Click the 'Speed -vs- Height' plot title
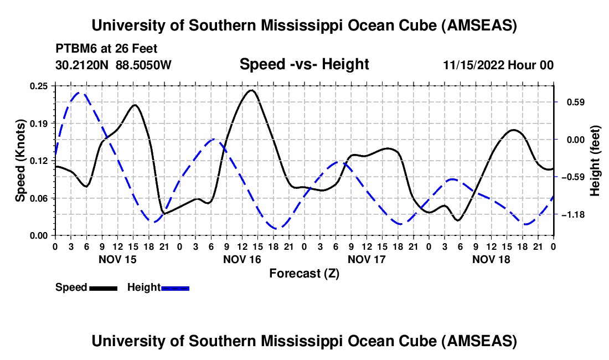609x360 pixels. [x=304, y=65]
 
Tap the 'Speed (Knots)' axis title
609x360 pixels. [x=20, y=161]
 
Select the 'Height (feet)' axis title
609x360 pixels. [x=595, y=161]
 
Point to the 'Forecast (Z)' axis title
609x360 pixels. [x=304, y=273]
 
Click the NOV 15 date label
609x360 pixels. [x=117, y=259]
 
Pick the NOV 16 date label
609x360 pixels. [x=242, y=259]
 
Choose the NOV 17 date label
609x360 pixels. [x=367, y=259]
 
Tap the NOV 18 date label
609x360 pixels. [x=491, y=259]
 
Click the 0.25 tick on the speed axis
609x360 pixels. [x=40, y=86]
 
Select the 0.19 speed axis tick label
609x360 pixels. [x=40, y=123]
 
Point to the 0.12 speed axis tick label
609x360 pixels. [x=40, y=161]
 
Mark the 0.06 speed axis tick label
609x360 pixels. [x=40, y=198]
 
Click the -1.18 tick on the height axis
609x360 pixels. [x=571, y=214]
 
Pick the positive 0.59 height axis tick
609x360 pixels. [x=570, y=102]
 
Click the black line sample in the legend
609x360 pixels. [x=104, y=287]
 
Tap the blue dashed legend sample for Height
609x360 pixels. [x=176, y=287]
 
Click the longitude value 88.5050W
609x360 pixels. [x=144, y=65]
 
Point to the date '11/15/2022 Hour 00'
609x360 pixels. [x=498, y=65]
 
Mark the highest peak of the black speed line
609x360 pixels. [x=251, y=90]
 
